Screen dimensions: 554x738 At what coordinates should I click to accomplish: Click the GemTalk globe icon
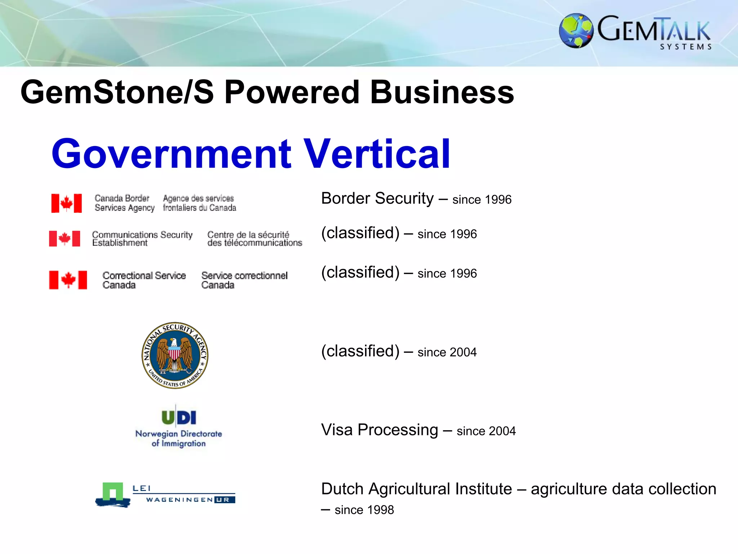576,31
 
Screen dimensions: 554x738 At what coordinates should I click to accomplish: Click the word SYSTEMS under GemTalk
686,47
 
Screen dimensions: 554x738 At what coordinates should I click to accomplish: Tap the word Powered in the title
292,92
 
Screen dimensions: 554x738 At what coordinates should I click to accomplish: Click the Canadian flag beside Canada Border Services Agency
67,203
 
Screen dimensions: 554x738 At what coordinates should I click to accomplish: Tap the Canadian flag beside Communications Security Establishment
65,238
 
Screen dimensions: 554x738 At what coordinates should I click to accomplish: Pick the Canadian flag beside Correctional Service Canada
68,280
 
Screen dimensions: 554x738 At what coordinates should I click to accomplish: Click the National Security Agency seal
175,355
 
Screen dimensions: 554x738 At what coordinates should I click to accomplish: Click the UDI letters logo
179,417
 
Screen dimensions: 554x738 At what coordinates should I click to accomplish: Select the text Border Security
377,199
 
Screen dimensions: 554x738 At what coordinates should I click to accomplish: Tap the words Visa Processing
379,430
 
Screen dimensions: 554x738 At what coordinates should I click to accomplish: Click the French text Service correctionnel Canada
244,280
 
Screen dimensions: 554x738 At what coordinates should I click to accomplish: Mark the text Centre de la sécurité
248,234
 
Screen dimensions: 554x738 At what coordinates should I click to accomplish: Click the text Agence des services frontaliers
199,203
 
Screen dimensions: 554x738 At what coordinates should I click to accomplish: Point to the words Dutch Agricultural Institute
416,489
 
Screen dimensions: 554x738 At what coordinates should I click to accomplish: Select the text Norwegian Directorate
179,434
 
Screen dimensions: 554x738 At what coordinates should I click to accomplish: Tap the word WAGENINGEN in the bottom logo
179,500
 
